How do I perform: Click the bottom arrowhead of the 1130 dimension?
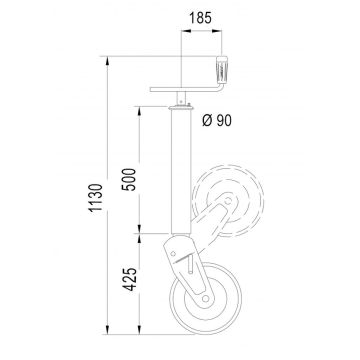pos(106,332)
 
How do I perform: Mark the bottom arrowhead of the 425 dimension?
pos(141,332)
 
